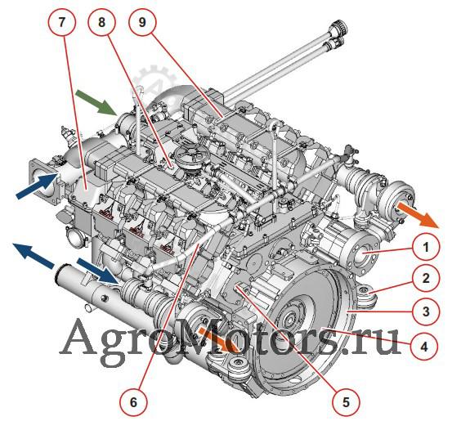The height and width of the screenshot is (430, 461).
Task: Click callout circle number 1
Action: click(426, 248)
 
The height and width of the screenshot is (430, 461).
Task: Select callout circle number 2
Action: click(426, 278)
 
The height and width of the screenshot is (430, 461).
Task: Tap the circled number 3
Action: click(426, 311)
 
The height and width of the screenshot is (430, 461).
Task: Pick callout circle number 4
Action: click(424, 347)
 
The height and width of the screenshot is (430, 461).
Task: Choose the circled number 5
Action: click(346, 402)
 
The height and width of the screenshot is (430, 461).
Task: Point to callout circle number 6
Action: click(133, 402)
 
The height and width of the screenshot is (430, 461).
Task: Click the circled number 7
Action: click(61, 22)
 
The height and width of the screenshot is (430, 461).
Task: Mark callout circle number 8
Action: click(101, 22)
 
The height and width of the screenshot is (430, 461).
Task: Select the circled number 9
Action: click(142, 22)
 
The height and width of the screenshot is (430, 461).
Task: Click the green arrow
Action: click(96, 103)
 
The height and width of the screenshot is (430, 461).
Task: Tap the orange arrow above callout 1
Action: click(418, 214)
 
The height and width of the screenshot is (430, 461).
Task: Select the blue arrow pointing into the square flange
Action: click(37, 186)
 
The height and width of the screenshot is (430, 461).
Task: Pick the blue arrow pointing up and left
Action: click(34, 255)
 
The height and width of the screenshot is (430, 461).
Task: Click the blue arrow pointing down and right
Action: click(98, 271)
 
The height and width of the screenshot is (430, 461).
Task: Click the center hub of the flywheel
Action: click(287, 319)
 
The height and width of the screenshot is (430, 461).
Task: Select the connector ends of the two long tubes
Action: click(338, 33)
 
